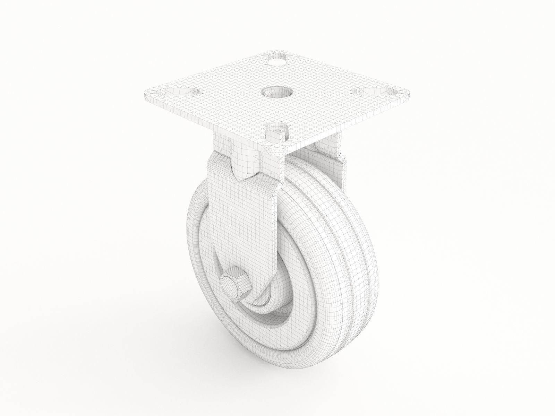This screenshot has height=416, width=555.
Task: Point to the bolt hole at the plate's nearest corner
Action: click(x=277, y=132)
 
